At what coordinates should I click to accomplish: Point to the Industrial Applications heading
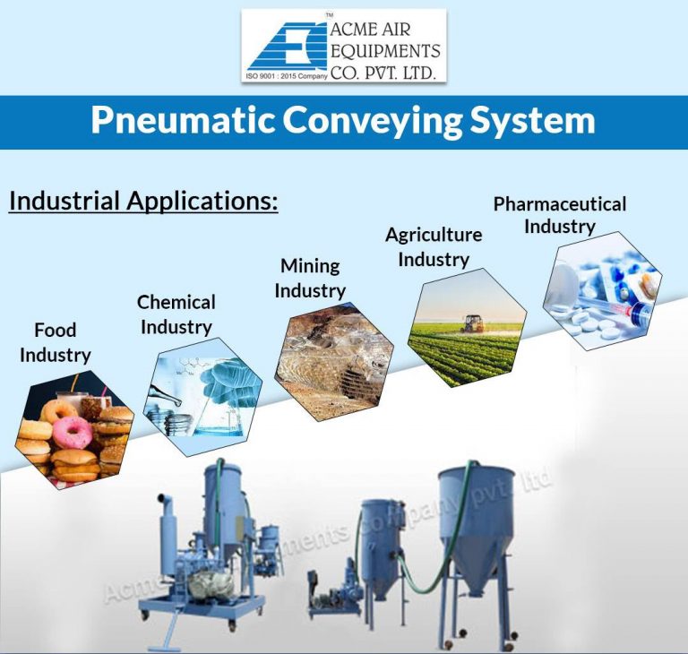pos(143,201)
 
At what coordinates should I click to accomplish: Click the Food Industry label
pos(56,342)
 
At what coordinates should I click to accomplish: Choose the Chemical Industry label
pos(176,314)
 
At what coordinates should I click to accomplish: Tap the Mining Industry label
pos(310,278)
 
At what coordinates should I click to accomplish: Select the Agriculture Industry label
pos(434,246)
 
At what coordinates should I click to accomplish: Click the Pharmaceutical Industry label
pos(559,215)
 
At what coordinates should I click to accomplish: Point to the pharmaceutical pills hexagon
pos(603,290)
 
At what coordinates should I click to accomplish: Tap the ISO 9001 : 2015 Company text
pos(285,77)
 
